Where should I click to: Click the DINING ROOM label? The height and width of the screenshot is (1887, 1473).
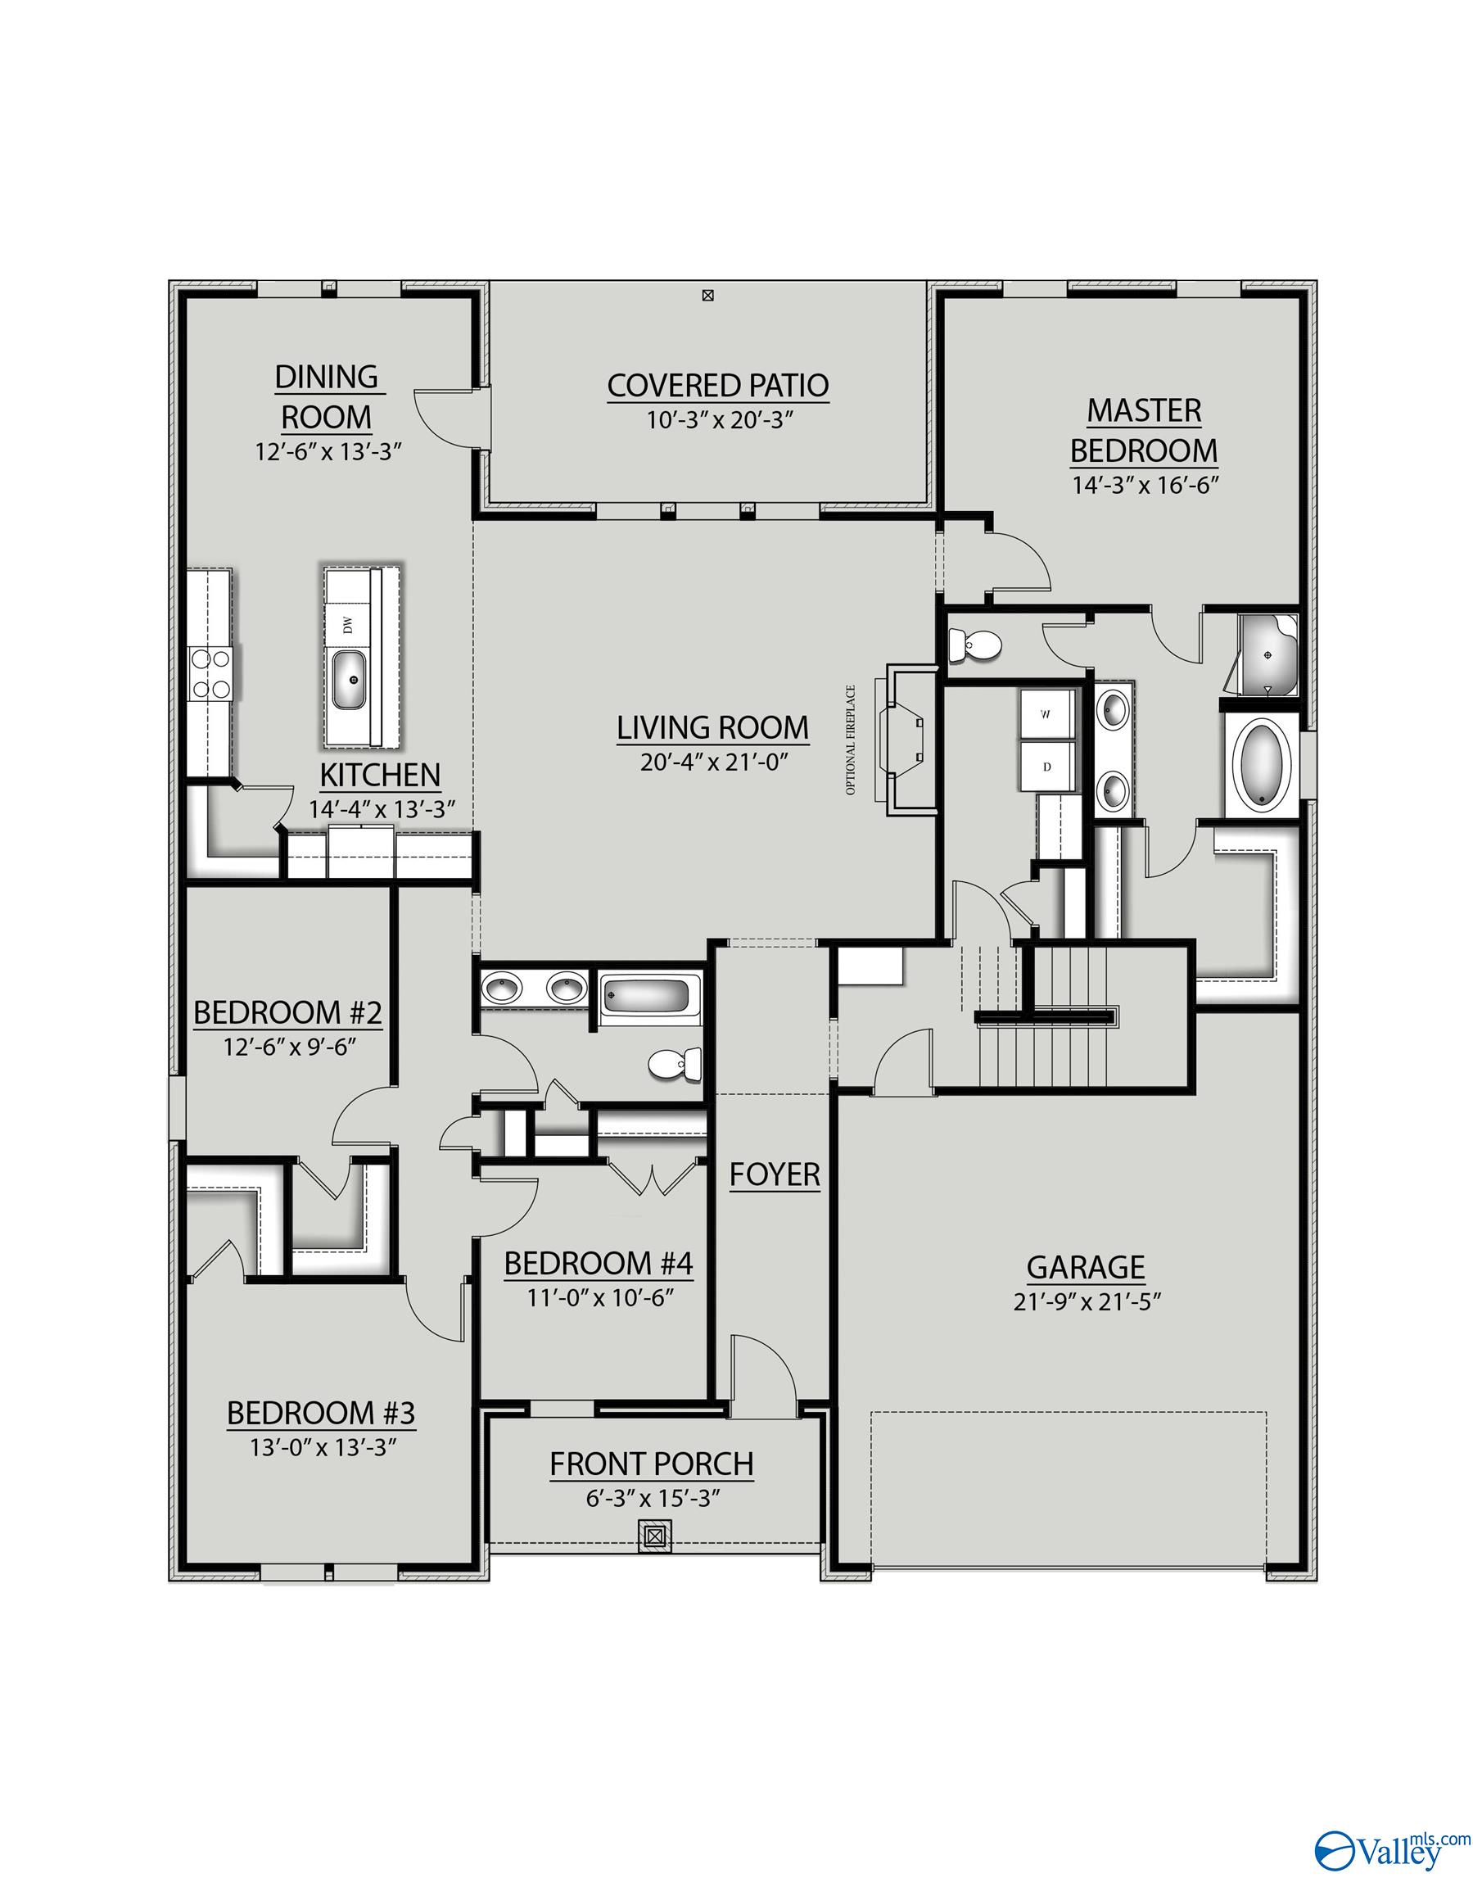pos(326,396)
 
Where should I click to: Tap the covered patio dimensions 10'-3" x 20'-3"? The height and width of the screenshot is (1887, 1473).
pos(719,421)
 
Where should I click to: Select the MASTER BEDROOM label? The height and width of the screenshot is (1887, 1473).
pos(1144,430)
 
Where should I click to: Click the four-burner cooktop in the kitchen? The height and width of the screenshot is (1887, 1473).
pos(210,673)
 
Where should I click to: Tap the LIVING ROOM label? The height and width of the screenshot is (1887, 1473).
pos(712,727)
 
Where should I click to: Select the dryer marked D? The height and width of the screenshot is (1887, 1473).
pos(1046,767)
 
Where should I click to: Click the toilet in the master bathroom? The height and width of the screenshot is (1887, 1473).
pos(974,644)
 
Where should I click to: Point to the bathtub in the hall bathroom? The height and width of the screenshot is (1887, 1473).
pos(645,995)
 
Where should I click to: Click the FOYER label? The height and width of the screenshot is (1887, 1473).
pos(774,1174)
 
